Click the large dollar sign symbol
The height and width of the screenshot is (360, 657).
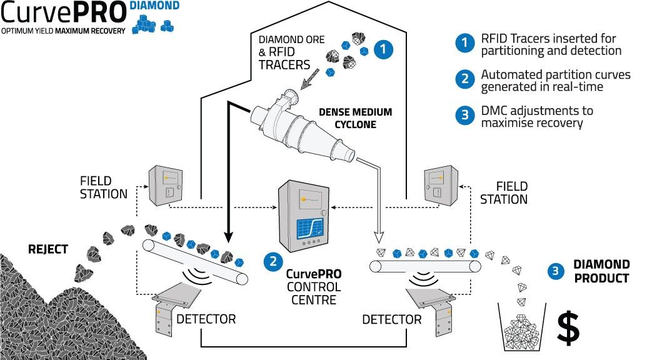pos(568,329)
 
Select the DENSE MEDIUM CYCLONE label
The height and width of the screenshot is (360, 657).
pos(355,118)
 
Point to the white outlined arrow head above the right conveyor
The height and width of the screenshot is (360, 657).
pos(379,237)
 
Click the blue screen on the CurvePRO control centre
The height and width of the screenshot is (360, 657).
pos(310,229)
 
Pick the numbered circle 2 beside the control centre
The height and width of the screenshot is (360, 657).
pos(273,262)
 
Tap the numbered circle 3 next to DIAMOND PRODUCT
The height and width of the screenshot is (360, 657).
pos(556,271)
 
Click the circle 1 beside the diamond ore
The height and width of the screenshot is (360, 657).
pos(383,49)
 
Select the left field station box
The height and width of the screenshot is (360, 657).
pos(166,185)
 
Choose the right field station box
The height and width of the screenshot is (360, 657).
pos(441,186)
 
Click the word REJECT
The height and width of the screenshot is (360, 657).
pos(48,249)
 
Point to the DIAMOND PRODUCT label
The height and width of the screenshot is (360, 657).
pos(602,271)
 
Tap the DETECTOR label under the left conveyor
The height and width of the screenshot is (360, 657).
pos(206,319)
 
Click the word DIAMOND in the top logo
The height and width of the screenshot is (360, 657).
pos(154,6)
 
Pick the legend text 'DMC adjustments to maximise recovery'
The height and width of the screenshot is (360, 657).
pos(537,116)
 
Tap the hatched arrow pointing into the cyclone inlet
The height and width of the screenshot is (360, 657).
pos(309,79)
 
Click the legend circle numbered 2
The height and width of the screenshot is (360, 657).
pos(464,78)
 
